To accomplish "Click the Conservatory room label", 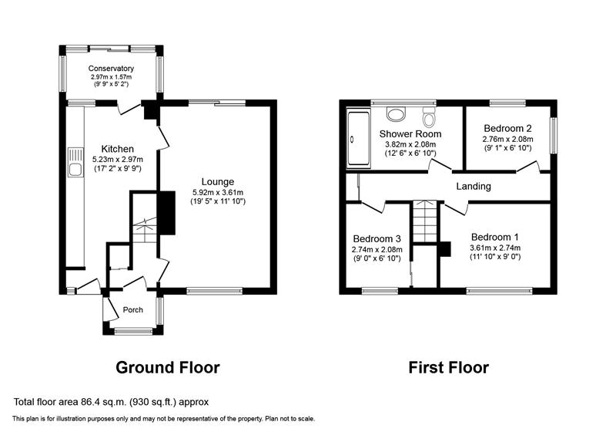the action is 111,69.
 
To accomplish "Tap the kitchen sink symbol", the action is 75,162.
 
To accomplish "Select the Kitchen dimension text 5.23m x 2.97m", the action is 118,160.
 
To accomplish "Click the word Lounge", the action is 218,182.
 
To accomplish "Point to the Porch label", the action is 132,310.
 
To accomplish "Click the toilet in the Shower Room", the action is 429,115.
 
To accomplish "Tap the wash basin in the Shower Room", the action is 396,114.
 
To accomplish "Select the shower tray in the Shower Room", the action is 359,139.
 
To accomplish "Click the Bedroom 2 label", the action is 507,128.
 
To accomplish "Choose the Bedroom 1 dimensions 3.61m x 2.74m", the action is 495,248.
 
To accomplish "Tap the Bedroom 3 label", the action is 377,239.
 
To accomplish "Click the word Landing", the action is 474,186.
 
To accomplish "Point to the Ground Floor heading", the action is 168,367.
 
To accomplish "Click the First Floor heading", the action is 449,367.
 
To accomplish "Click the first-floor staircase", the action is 425,221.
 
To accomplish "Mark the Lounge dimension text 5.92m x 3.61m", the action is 218,192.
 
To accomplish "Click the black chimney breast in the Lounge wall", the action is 166,213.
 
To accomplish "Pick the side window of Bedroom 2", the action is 554,136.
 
